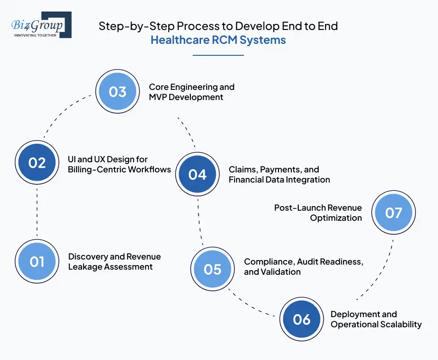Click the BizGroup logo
41,25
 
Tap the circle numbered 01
37,262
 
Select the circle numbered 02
37,163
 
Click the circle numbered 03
118,91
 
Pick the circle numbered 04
197,174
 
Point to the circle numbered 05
213,269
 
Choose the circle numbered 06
302,319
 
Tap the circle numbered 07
394,213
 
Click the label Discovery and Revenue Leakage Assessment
114,261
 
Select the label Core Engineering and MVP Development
191,92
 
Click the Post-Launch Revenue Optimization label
318,212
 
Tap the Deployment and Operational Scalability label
376,319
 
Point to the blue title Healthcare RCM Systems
218,40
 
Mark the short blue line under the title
218,55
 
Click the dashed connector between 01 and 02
36,212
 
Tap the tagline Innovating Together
35,35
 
